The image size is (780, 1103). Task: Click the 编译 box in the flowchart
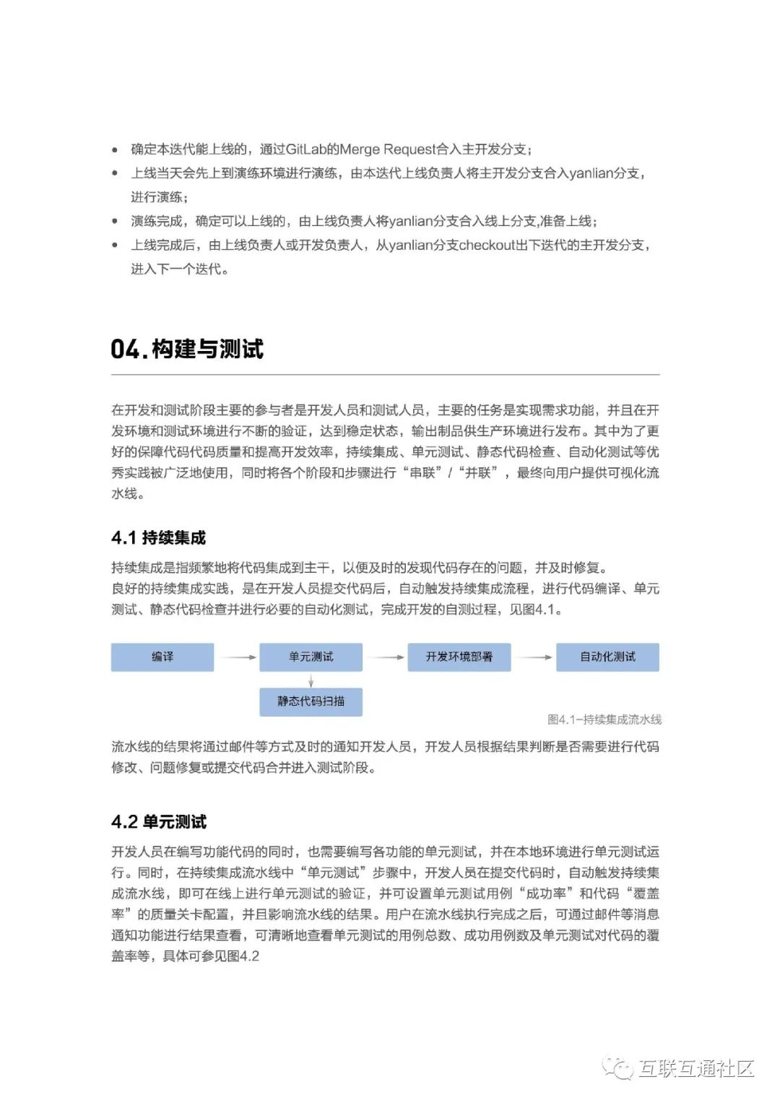click(162, 657)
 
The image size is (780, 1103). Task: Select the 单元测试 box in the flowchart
click(311, 657)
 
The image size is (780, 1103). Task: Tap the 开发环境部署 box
click(459, 657)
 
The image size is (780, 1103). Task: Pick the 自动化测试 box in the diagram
click(607, 657)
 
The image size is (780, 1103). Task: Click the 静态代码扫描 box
click(311, 701)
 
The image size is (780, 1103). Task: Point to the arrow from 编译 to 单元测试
click(238, 657)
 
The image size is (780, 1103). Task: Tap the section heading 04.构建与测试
click(187, 350)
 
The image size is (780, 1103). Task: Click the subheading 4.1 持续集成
click(158, 537)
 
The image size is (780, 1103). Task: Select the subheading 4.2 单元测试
click(158, 822)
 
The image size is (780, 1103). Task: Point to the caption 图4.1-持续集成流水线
click(604, 719)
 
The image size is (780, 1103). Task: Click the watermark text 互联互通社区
click(695, 1068)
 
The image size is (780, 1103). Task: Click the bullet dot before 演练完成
click(115, 221)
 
